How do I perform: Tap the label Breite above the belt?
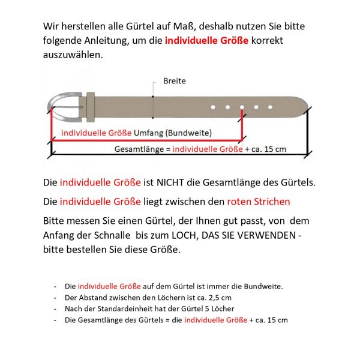pos(175,81)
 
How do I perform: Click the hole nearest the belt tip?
pos(270,107)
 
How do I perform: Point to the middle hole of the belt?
pos(242,107)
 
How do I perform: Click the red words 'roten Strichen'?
pos(258,202)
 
